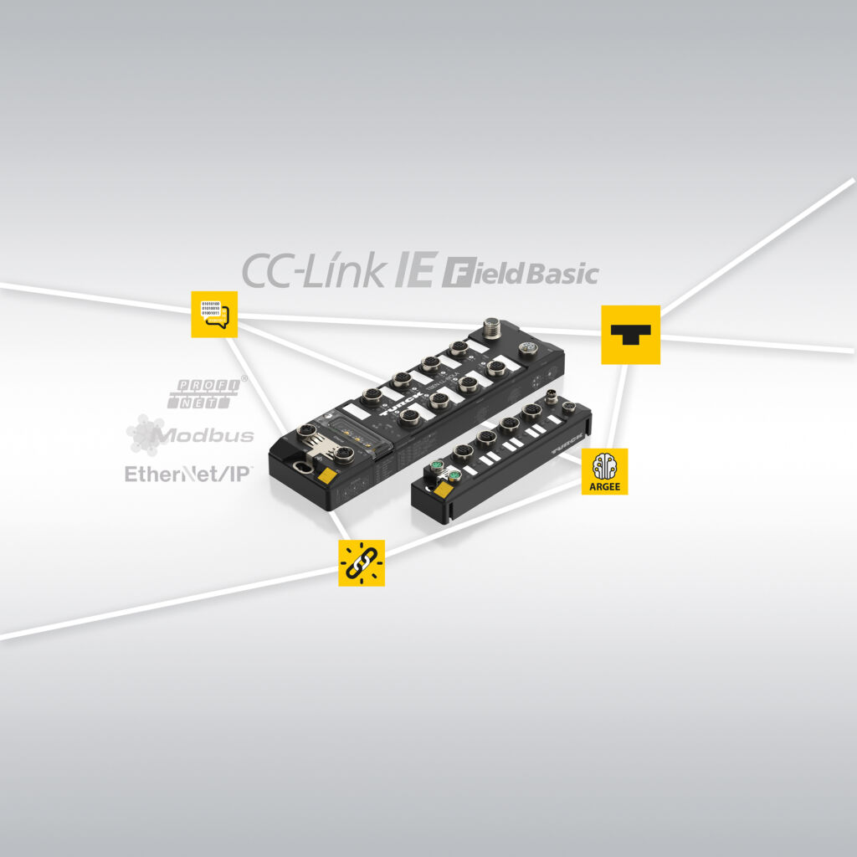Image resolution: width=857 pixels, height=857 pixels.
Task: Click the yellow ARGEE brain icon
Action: [604, 470]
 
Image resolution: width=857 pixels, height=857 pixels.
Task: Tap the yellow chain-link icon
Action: [362, 563]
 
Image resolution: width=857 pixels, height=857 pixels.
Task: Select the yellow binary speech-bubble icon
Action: [214, 314]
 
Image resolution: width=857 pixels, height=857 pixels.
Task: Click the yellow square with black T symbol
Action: [630, 335]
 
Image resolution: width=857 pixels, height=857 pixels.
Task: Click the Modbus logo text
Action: [206, 435]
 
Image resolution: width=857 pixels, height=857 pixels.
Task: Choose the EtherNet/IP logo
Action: [187, 474]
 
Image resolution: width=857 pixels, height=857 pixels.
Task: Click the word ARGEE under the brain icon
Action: [604, 485]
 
